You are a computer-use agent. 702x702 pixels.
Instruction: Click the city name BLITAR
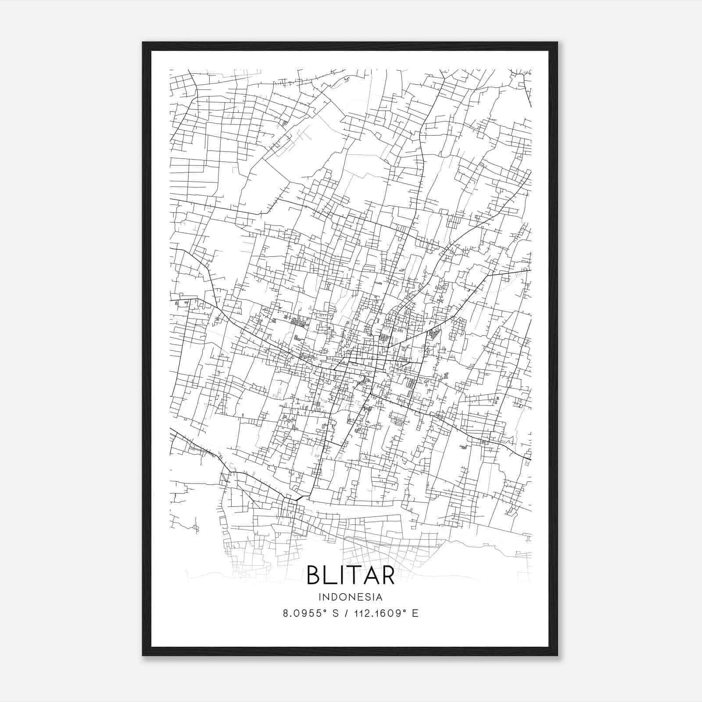coord(351,575)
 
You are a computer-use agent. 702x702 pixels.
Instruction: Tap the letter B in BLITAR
coord(315,575)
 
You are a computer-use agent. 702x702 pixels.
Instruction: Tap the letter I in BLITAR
coord(345,575)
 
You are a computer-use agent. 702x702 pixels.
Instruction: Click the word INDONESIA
coord(351,597)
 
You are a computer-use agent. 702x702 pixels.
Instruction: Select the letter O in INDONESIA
coord(343,597)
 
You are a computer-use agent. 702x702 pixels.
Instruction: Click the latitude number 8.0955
coord(303,613)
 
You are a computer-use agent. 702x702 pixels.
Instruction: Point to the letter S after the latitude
coord(336,613)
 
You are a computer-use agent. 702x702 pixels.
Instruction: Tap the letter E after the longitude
coord(415,613)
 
